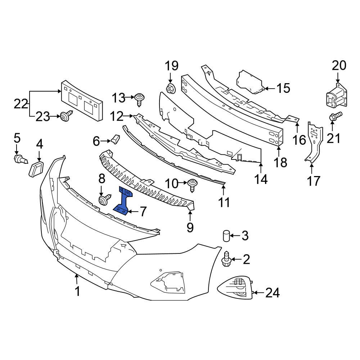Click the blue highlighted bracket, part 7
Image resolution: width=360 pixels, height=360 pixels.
[124, 202]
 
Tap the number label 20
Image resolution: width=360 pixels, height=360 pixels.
[339, 66]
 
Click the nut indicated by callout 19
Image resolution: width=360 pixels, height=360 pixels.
[170, 88]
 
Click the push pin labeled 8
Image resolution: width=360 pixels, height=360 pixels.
[104, 200]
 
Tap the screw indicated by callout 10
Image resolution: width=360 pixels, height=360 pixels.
[193, 184]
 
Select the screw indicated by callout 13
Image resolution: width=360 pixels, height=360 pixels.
[140, 98]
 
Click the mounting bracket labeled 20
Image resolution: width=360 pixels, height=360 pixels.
[336, 96]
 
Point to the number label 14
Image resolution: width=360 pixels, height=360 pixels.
[261, 179]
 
